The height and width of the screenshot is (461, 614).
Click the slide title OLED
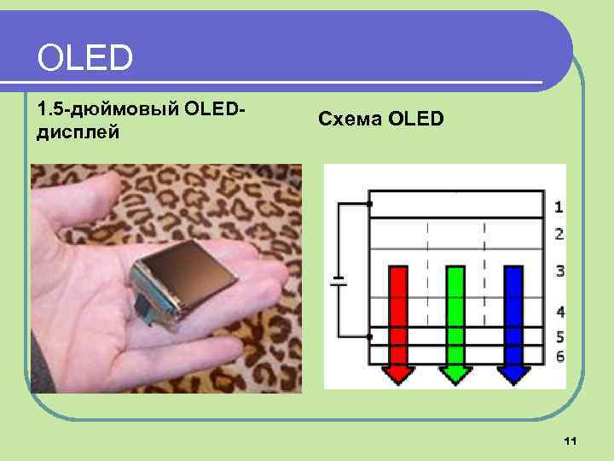click(x=85, y=58)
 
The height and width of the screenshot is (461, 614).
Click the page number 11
click(x=571, y=441)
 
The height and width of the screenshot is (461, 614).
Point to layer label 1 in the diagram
click(x=559, y=206)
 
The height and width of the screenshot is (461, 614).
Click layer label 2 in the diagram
click(x=559, y=233)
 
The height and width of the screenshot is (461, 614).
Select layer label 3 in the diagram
click(x=559, y=271)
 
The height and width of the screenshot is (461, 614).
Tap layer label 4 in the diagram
click(x=559, y=312)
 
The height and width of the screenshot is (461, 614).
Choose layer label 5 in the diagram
click(x=559, y=336)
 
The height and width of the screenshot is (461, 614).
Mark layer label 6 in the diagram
click(x=559, y=355)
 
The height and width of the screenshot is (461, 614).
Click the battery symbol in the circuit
click(x=339, y=282)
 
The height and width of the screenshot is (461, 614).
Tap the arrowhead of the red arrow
click(x=398, y=374)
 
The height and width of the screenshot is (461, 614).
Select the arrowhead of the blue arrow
click(x=513, y=374)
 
